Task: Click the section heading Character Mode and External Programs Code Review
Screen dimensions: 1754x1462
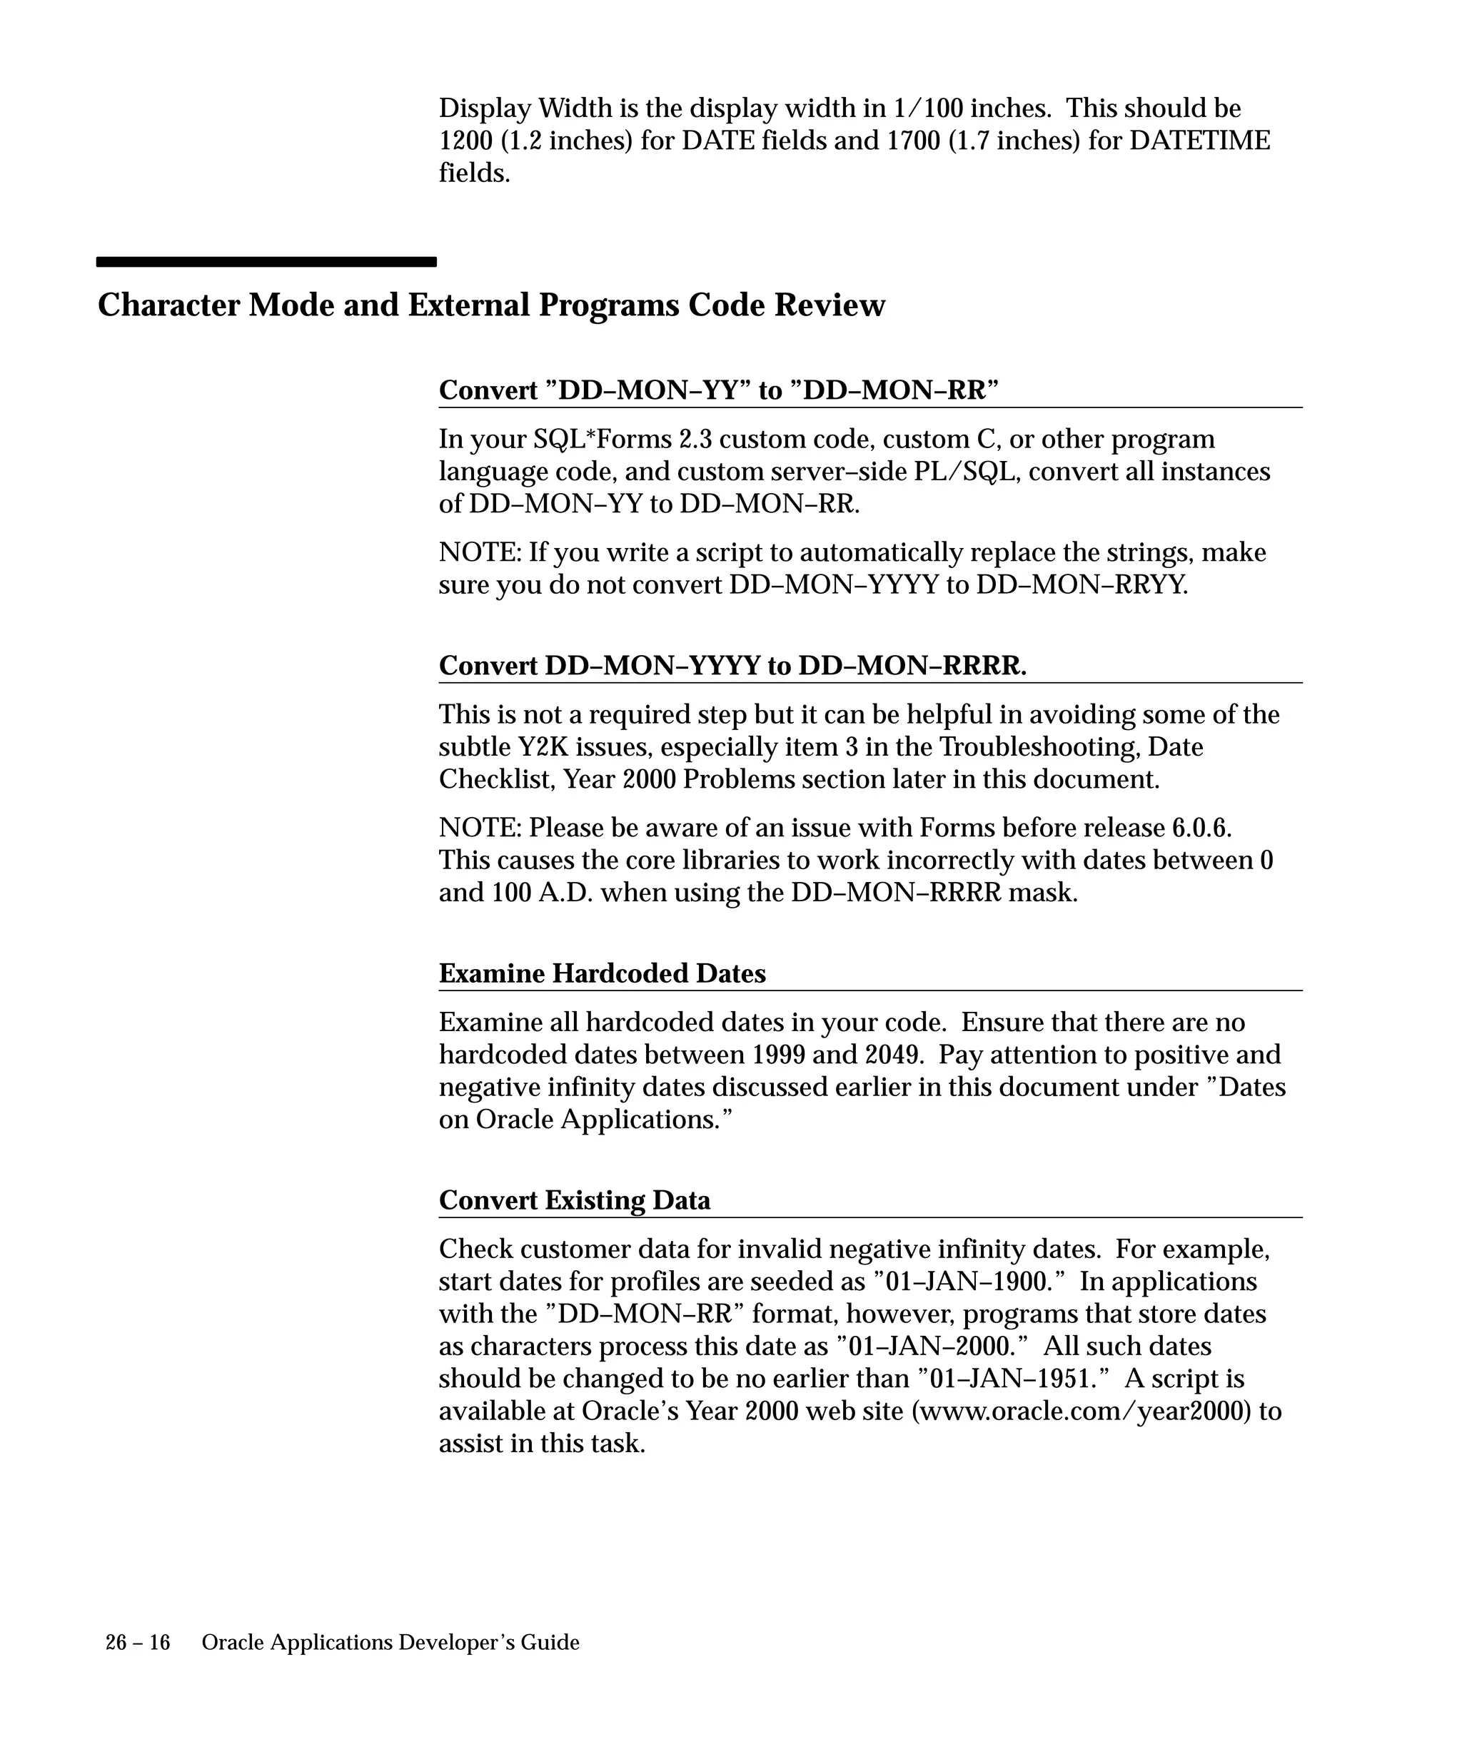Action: pos(491,305)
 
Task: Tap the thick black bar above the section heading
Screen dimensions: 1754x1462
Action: pos(266,261)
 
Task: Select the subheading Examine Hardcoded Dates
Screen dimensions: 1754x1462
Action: pos(602,973)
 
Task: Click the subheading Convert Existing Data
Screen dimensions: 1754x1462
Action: pos(574,1200)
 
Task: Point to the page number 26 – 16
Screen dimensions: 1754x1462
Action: pos(137,1643)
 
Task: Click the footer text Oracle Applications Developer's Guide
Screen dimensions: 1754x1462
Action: pos(390,1643)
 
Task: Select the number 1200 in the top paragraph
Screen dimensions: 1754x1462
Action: pos(465,141)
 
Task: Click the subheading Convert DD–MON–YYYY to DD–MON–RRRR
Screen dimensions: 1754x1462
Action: pos(732,666)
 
